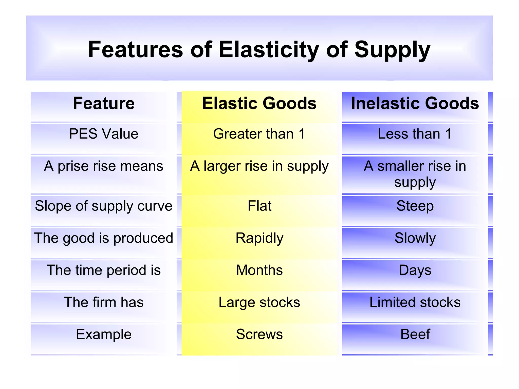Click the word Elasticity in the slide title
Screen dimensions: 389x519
(x=268, y=50)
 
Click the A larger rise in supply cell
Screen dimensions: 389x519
(x=259, y=167)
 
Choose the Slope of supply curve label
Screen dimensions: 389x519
(x=104, y=206)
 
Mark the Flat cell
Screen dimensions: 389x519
(x=259, y=206)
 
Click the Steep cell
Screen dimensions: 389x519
(x=415, y=206)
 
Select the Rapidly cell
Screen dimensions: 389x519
(x=259, y=238)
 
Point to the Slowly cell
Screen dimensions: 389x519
(x=415, y=238)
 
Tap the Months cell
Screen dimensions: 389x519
(x=259, y=270)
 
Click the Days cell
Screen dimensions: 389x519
(x=415, y=270)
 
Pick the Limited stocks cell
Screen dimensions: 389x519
(x=415, y=302)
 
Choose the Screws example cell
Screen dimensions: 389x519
(x=259, y=334)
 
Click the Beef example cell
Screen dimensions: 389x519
(x=415, y=334)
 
